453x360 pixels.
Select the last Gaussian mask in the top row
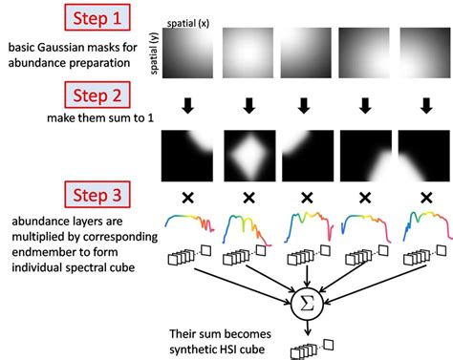coord(422,55)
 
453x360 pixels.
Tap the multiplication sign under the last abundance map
coord(422,199)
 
